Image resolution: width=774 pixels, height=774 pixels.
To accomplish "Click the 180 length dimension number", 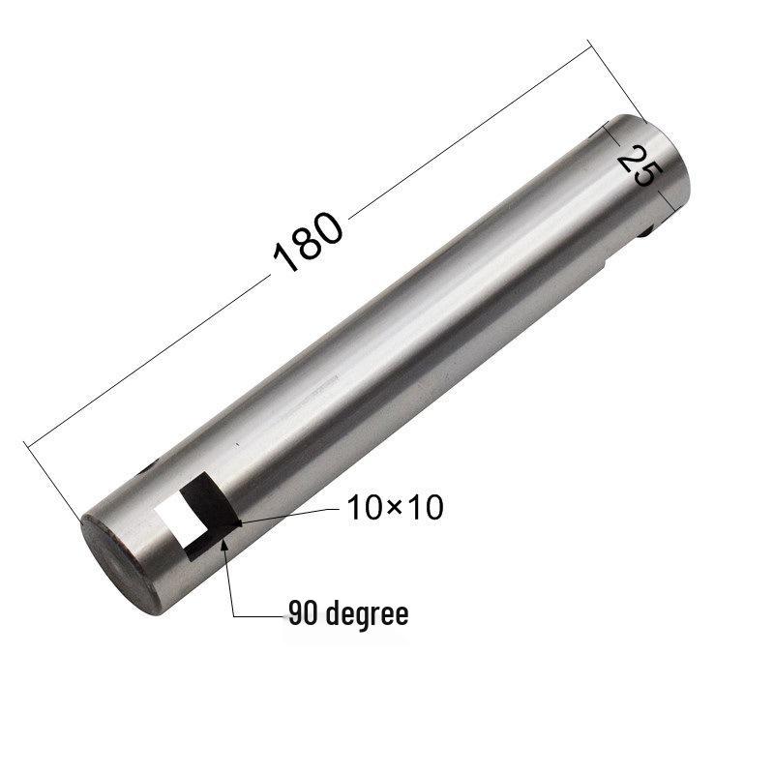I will click(x=309, y=241).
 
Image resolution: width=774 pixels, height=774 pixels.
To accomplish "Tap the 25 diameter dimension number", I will click(x=638, y=164).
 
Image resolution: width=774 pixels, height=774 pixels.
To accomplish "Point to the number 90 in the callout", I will click(x=302, y=613).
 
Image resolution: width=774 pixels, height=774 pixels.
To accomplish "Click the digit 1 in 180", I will click(x=284, y=257).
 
